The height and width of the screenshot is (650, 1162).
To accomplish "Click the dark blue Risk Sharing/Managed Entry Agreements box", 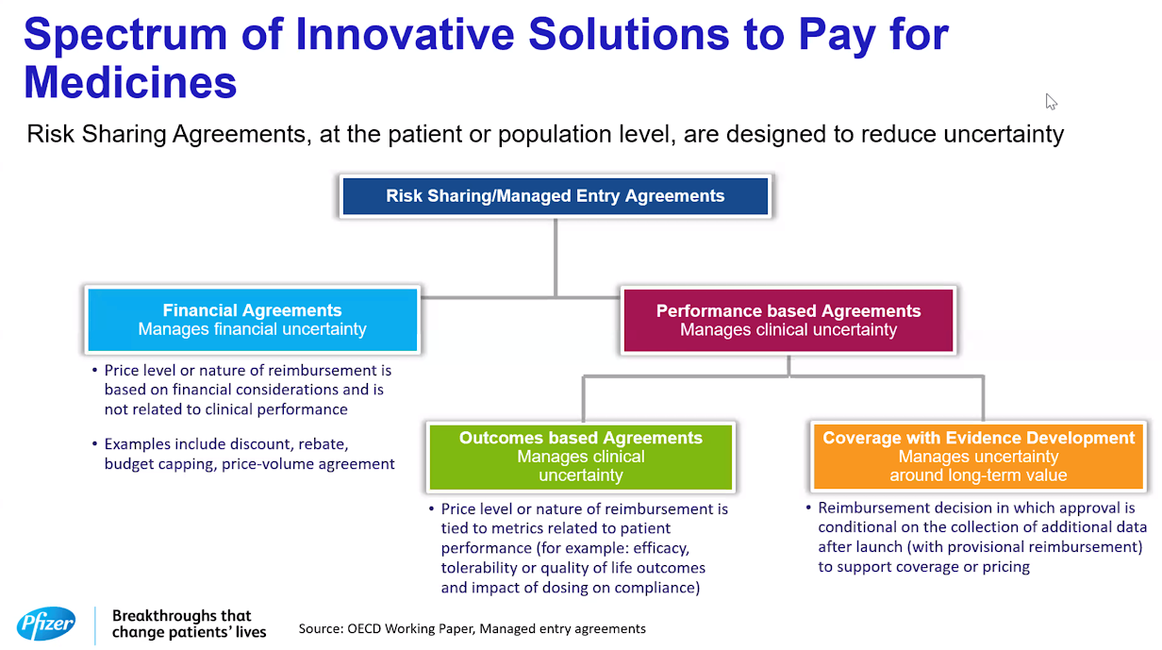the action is click(555, 196).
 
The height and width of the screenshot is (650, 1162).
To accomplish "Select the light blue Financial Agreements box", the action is click(252, 320).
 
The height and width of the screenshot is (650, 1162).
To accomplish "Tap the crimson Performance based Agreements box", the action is click(788, 320).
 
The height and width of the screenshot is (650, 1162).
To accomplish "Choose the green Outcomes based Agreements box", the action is click(580, 457).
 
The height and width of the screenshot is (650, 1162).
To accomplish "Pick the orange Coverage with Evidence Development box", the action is click(978, 457).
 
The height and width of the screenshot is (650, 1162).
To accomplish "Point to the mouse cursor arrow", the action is click(1051, 102).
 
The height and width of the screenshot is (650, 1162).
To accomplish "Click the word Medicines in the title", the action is click(130, 82).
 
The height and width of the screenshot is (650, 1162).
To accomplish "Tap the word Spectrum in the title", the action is click(125, 35).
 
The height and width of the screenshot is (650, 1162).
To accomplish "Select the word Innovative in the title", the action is click(405, 34).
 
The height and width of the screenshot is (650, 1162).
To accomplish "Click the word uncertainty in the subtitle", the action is click(1004, 134).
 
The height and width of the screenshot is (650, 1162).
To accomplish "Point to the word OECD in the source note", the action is click(364, 628).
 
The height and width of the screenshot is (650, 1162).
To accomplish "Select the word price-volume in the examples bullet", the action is click(268, 464).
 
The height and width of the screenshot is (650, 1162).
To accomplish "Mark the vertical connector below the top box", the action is click(555, 258).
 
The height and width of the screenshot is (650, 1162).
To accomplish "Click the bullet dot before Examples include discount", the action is click(94, 443).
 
